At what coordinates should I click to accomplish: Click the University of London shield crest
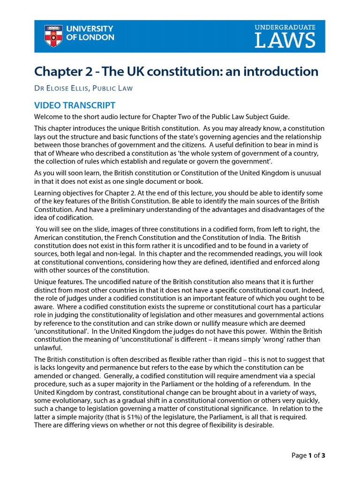point(52,36)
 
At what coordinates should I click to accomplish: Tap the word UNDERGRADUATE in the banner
point(285,28)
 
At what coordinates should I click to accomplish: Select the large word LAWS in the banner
point(285,41)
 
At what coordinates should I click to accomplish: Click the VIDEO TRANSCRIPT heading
point(75,105)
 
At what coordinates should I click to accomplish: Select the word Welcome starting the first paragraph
point(50,117)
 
